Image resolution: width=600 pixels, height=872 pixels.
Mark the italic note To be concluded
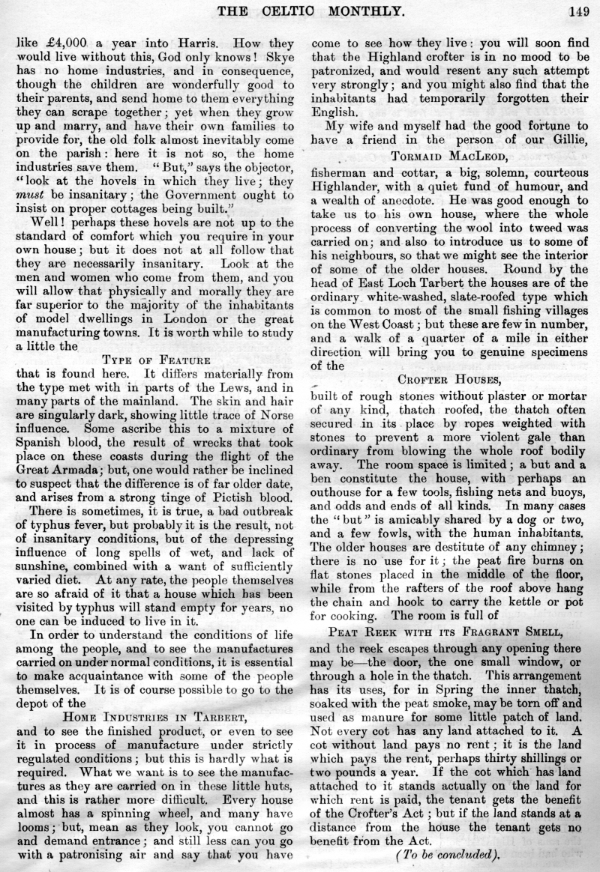pos(447,855)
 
